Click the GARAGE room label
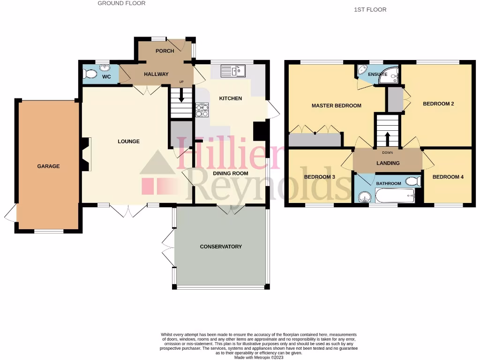point(48,166)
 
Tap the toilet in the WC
point(89,74)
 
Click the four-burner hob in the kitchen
point(202,109)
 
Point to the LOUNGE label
point(128,142)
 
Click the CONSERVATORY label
point(221,247)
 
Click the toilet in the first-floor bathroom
point(412,181)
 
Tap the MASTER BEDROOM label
point(336,106)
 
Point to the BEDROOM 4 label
point(448,177)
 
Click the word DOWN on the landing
point(388,152)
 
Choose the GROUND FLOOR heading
point(121,3)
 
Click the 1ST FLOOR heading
point(370,9)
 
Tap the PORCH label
point(165,51)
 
